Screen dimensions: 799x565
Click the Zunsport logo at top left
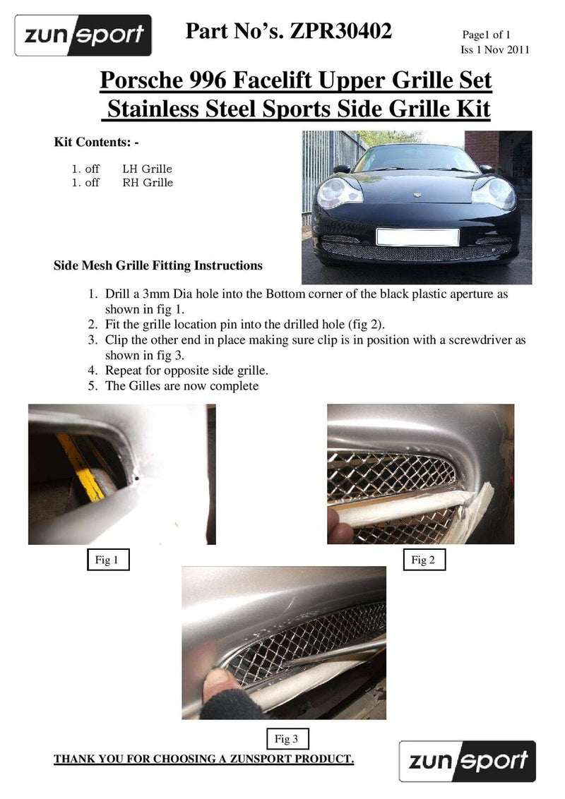point(83,35)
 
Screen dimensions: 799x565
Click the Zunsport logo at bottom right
point(467,761)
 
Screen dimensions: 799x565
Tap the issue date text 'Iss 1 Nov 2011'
point(494,49)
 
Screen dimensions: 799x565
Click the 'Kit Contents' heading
point(97,142)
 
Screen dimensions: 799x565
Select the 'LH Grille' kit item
point(147,169)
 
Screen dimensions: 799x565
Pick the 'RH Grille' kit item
point(148,183)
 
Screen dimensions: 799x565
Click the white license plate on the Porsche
point(417,236)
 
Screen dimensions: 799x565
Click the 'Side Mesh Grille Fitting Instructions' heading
point(158,266)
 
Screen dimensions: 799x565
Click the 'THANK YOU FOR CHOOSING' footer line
point(204,759)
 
